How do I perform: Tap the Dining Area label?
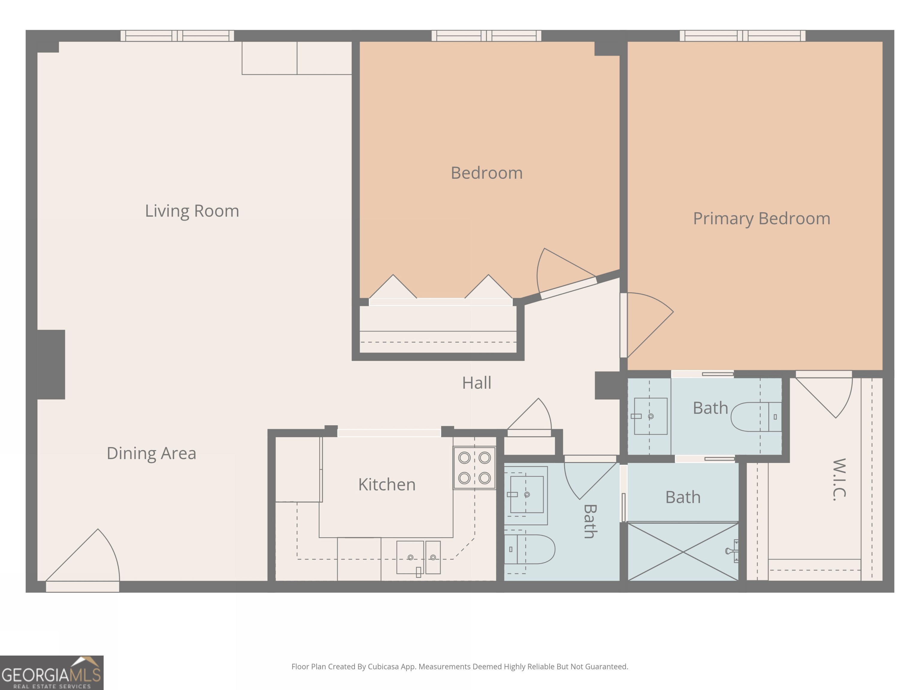[x=152, y=453]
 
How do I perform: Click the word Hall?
[x=477, y=383]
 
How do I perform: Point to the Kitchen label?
[x=387, y=485]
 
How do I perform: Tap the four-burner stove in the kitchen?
[x=474, y=468]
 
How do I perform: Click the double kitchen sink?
[x=418, y=557]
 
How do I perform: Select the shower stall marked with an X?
[x=683, y=552]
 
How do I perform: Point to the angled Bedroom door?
[x=568, y=287]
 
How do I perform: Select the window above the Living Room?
[x=177, y=36]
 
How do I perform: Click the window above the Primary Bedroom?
[x=742, y=36]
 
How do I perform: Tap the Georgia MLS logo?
[x=52, y=673]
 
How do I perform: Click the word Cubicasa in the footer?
[x=383, y=667]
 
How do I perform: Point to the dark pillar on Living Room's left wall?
[x=51, y=364]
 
